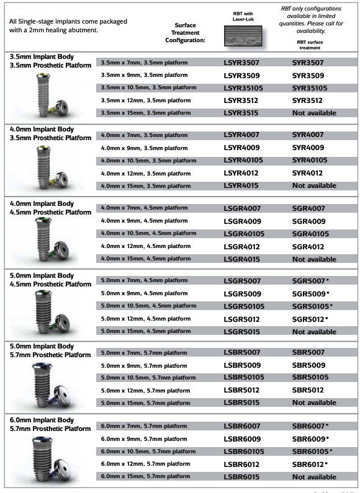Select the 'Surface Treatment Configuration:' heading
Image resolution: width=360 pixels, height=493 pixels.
184,33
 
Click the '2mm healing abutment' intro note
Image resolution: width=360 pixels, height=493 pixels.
68,25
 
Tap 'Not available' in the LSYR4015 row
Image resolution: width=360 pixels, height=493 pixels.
314,186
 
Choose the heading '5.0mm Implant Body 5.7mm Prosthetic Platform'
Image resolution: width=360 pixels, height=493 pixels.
50,351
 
